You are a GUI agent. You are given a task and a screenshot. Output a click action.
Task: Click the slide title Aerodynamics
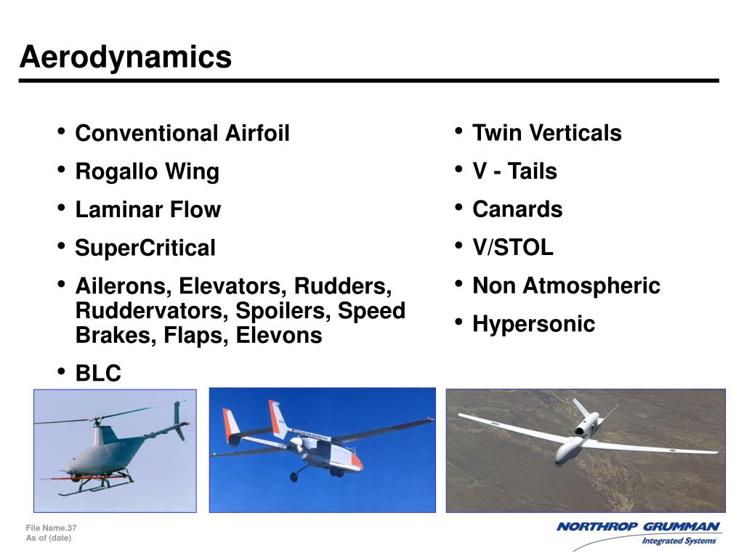point(126,57)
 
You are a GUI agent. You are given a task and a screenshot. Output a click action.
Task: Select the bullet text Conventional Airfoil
point(182,134)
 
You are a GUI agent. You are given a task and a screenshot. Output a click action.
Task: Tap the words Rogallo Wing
point(147,172)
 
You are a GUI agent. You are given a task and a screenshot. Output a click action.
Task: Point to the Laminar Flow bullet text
point(147,210)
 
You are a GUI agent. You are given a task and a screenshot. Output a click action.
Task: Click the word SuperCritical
point(145,248)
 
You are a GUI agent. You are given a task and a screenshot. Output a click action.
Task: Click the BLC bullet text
point(98,373)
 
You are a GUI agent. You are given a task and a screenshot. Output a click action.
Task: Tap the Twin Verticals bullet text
point(546,134)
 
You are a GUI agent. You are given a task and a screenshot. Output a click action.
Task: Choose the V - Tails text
point(514,172)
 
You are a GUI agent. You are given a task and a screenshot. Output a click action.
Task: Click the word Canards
point(517,210)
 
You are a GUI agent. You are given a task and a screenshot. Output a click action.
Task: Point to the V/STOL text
point(512,248)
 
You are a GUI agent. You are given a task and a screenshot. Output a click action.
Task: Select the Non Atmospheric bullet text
point(566,286)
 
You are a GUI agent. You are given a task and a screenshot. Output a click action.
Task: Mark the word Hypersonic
point(533,324)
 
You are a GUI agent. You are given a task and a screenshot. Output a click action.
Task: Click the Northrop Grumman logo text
point(638,527)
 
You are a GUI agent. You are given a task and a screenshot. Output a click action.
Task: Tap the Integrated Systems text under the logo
point(679,541)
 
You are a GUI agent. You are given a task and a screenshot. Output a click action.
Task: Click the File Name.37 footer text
point(51,527)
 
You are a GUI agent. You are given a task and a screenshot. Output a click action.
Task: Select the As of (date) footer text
point(49,538)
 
